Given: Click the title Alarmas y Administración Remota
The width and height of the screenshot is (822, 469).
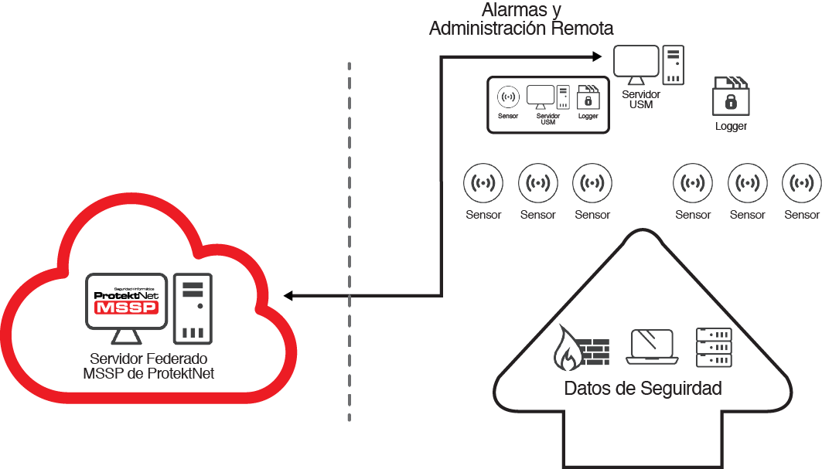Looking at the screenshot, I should [521, 20].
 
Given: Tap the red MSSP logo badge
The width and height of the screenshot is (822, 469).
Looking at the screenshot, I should [125, 308].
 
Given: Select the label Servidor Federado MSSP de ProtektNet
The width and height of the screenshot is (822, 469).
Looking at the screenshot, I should [148, 366].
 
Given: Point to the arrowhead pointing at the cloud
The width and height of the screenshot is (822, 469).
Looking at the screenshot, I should [288, 295].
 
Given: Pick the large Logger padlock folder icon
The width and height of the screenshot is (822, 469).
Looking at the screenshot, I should [729, 96].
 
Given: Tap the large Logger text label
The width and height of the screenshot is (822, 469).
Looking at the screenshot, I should [731, 126].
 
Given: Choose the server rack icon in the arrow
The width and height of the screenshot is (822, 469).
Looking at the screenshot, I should [714, 347].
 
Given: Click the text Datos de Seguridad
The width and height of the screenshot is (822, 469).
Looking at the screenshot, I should [643, 388].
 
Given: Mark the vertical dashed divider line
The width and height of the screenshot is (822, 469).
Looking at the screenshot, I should [350, 240].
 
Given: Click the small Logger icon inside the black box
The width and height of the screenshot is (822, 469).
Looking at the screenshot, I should [588, 97].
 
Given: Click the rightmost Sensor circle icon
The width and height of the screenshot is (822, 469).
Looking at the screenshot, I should [801, 184].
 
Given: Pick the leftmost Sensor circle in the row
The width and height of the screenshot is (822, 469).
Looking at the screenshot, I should [483, 184].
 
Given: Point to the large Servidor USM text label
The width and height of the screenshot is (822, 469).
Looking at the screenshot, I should [641, 99].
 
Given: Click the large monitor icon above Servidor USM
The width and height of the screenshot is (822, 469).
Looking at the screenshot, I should [636, 63].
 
